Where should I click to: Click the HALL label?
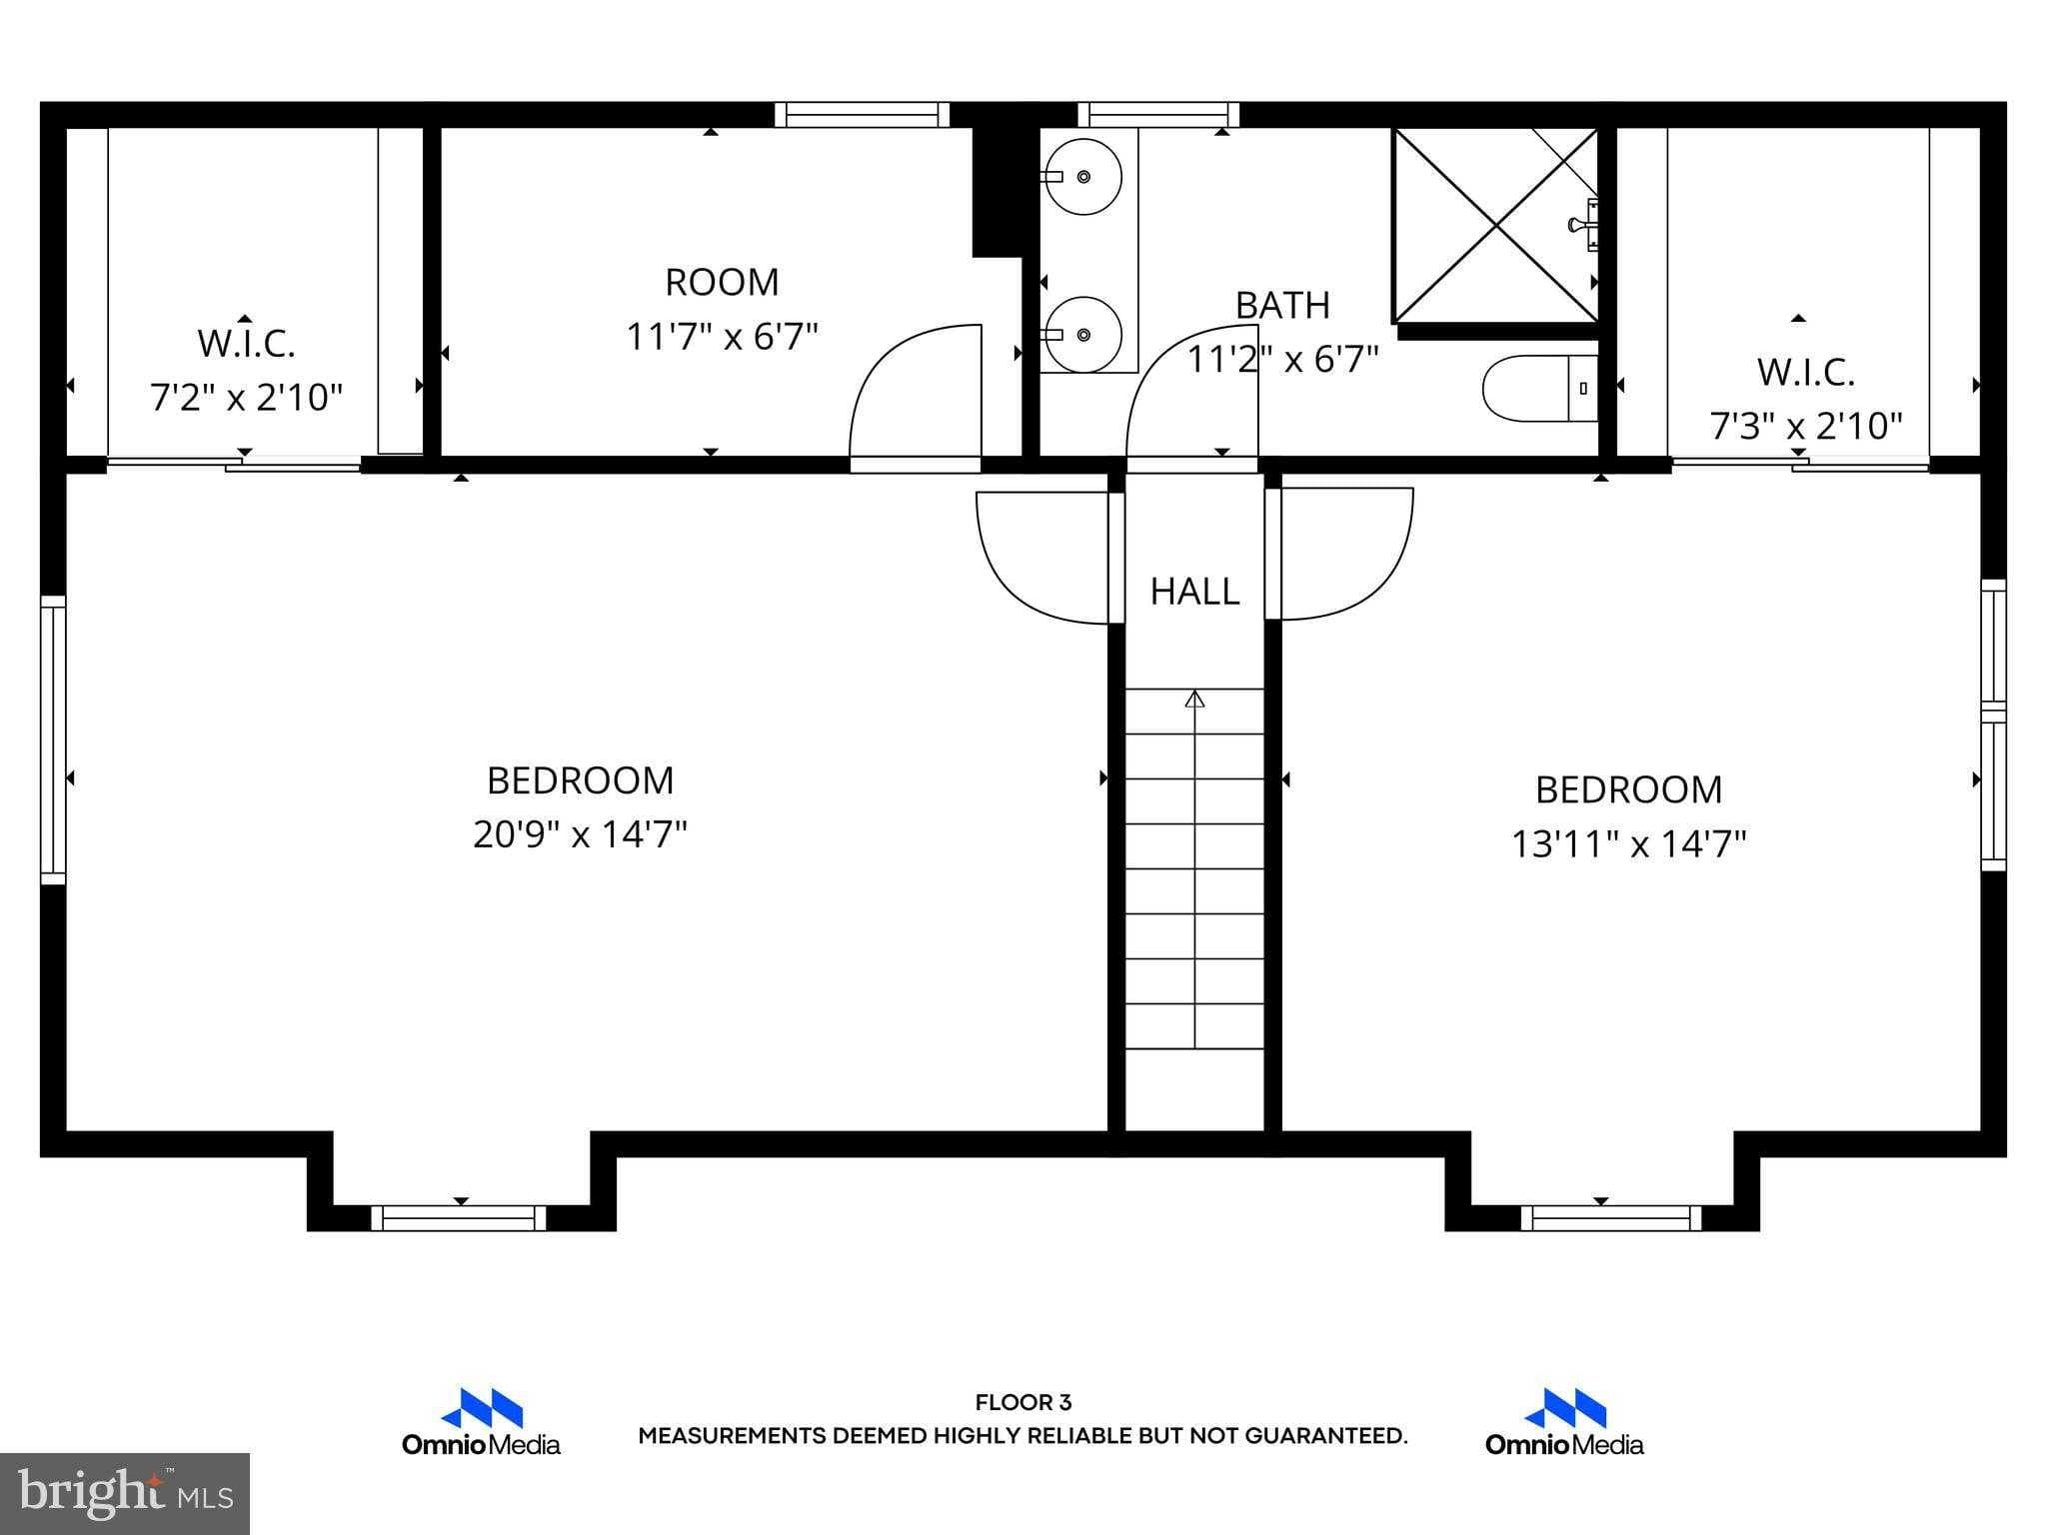[1194, 592]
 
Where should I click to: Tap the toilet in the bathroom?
[1539, 388]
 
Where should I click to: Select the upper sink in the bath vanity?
[1082, 177]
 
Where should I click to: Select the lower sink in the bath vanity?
[1082, 335]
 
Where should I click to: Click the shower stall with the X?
[1495, 226]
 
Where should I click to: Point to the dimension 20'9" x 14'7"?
[580, 833]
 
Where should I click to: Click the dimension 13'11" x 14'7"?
[1628, 843]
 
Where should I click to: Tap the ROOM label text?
[722, 283]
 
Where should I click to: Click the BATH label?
[1282, 306]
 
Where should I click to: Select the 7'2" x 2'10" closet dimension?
[246, 398]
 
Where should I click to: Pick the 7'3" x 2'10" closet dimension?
[1805, 427]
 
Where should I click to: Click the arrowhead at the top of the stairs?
[1194, 700]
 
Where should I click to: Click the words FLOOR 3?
[1023, 1402]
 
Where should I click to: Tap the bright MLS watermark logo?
[124, 1493]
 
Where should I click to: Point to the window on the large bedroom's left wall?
[53, 740]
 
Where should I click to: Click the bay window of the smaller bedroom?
[1609, 1217]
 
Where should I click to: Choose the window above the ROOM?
[861, 115]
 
